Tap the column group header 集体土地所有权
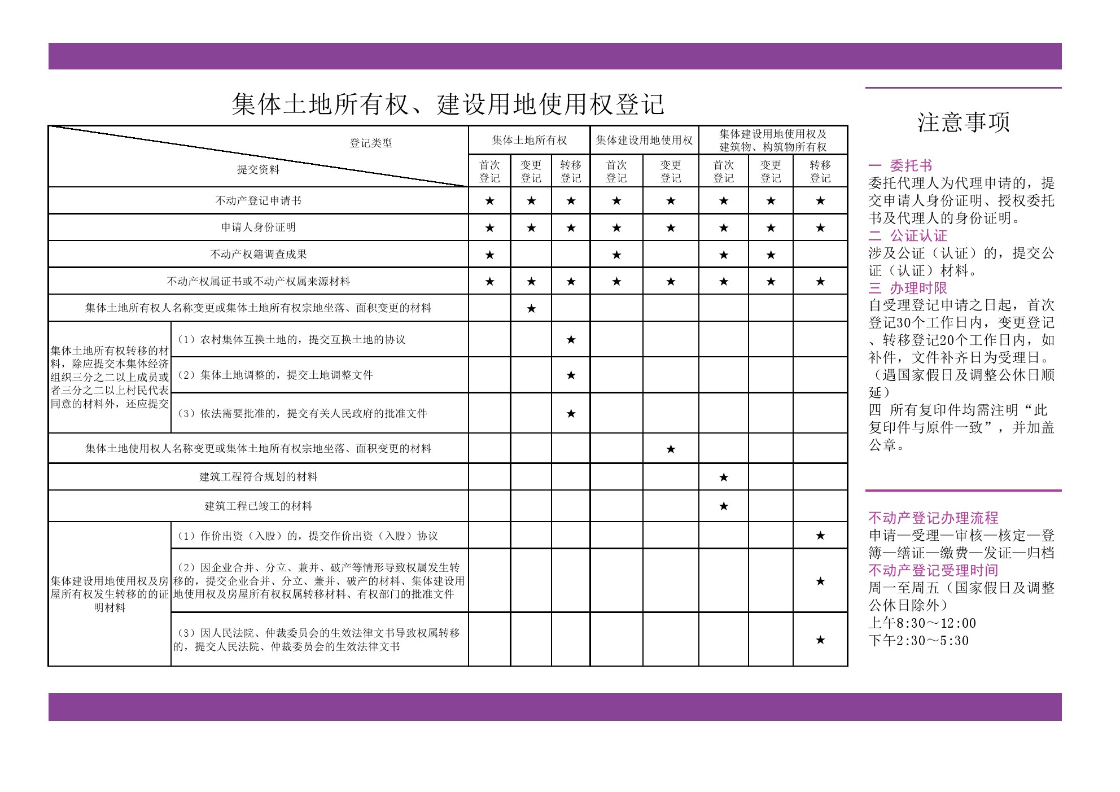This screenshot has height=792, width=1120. tap(529, 140)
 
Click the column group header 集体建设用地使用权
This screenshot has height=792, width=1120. tap(644, 140)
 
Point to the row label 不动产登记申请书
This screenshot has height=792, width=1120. tap(258, 200)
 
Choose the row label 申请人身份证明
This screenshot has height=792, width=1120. tap(258, 227)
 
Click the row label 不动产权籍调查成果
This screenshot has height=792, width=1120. tap(258, 254)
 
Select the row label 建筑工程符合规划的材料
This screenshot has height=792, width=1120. tap(258, 476)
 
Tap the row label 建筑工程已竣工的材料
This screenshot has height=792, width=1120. tap(258, 506)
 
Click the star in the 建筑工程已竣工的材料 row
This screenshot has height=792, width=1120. tap(724, 506)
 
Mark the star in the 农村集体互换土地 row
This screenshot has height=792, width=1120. tap(571, 339)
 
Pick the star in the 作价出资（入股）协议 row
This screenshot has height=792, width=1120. tap(820, 535)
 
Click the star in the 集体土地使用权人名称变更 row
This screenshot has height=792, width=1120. tap(671, 449)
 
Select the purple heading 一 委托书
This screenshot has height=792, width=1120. tap(900, 165)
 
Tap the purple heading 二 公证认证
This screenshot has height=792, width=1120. tap(908, 235)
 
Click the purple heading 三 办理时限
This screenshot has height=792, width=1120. tap(908, 288)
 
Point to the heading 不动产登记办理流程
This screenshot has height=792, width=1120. tap(933, 518)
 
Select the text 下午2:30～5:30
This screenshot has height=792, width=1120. tap(918, 641)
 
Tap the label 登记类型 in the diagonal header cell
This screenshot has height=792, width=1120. tap(371, 143)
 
